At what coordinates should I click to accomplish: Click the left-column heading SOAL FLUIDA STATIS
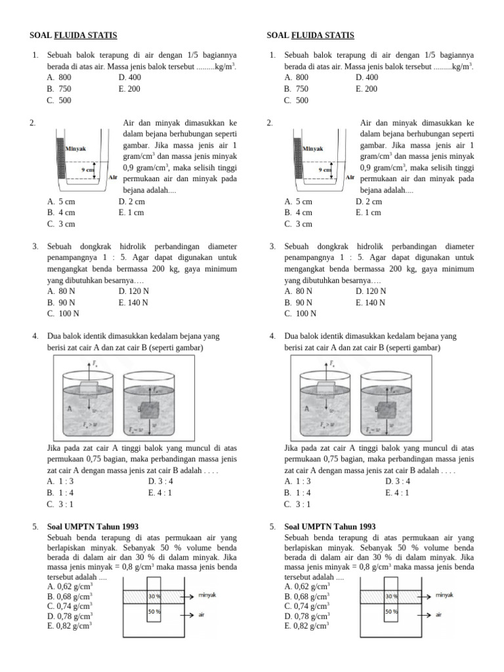tap(73, 35)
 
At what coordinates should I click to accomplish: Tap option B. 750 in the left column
tap(59, 89)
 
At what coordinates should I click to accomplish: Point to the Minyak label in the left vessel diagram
tap(76, 148)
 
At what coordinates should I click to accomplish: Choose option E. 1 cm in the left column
tap(131, 213)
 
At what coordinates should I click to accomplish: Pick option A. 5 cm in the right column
tap(299, 201)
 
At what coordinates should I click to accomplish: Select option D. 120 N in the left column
tap(133, 291)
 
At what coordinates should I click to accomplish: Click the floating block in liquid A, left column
tap(89, 388)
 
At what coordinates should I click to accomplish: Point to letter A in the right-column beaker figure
tap(306, 408)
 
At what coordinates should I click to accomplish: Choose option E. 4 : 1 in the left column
tap(159, 493)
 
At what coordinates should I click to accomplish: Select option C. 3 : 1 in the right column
tap(297, 505)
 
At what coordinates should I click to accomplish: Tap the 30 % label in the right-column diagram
tap(391, 597)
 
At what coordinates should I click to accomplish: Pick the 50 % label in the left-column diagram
tap(154, 612)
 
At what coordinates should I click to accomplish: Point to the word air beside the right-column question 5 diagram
tap(438, 615)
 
